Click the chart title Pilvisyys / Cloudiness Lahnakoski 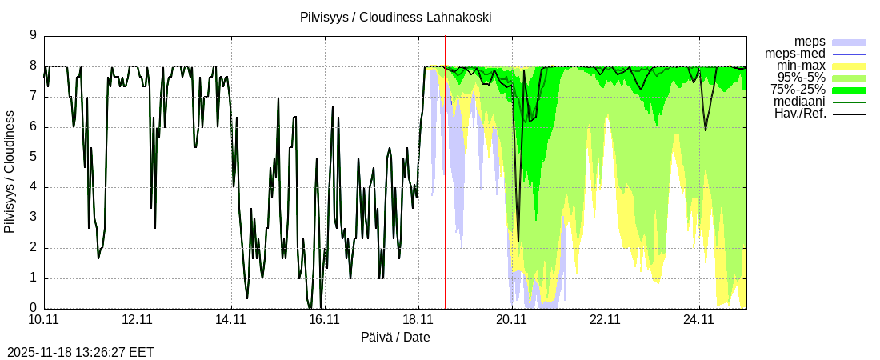[395, 17]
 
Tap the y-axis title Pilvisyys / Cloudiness [10, 172]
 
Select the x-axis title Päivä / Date [395, 338]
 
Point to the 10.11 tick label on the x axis [44, 320]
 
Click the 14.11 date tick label [231, 320]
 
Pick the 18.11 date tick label [418, 320]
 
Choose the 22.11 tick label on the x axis [606, 320]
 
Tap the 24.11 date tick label [699, 320]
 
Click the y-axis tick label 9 [33, 35]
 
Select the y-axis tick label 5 [33, 157]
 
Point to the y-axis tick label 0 [33, 308]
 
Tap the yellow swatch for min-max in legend [849, 66]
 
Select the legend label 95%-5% [802, 77]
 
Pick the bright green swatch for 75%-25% [849, 90]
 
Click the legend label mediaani [800, 102]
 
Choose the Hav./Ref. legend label [800, 114]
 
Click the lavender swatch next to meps [849, 42]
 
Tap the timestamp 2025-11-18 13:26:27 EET [80, 352]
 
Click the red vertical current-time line [445, 200]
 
